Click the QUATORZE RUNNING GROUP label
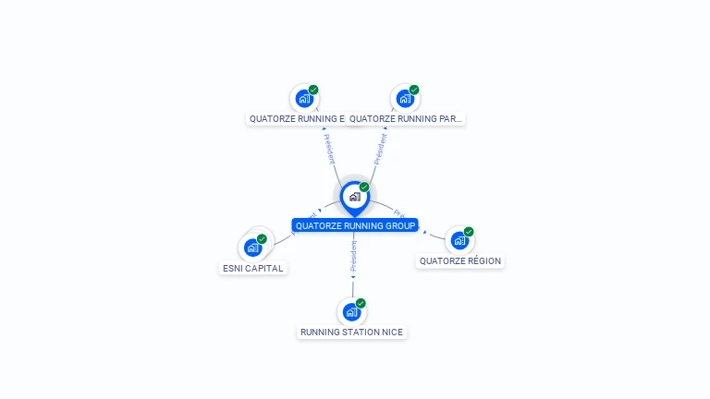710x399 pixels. [355, 225]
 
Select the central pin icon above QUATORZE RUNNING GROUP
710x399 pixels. [354, 197]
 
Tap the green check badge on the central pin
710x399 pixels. [364, 187]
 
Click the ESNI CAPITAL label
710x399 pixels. [253, 268]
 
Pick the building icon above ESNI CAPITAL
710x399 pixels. [252, 248]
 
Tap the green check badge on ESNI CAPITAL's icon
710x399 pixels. [262, 239]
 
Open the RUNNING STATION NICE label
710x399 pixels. [351, 332]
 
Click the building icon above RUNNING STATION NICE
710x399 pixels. [350, 312]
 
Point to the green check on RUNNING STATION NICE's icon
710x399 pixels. [361, 303]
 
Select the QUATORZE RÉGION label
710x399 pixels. [459, 260]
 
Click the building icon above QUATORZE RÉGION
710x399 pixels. [459, 240]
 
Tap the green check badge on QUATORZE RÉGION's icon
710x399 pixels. [469, 232]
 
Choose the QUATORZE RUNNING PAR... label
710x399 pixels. [406, 118]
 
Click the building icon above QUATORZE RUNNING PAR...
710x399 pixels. [405, 98]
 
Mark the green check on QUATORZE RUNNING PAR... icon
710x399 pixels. [414, 91]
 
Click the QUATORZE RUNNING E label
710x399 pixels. [296, 118]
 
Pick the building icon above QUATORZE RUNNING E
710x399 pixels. [304, 98]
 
